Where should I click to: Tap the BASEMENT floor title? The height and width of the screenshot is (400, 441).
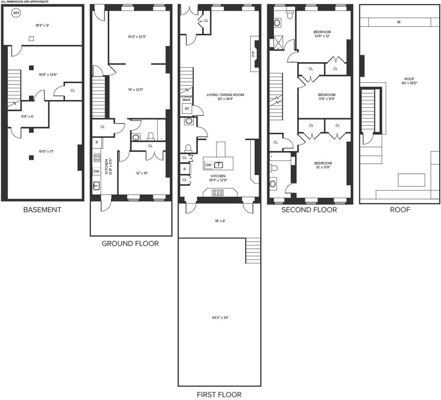[x=42, y=210]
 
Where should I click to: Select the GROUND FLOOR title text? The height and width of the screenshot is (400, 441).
[x=130, y=244]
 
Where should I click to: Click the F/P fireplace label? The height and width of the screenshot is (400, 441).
[x=253, y=54]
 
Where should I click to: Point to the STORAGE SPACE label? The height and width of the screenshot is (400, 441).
[x=186, y=98]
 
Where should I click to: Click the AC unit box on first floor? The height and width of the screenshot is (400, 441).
[x=187, y=109]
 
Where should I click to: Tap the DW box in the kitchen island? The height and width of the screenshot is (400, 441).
[x=208, y=165]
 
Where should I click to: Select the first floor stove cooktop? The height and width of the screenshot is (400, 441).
[x=218, y=193]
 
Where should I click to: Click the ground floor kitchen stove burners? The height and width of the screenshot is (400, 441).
[x=97, y=158]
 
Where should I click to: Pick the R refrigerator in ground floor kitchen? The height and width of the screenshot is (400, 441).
[x=97, y=142]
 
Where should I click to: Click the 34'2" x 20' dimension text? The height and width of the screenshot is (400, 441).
[x=220, y=318]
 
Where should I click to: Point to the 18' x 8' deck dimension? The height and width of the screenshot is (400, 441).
[x=220, y=221]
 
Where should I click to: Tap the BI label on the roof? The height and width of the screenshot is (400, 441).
[x=399, y=22]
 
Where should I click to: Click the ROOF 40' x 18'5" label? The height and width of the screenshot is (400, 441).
[x=409, y=81]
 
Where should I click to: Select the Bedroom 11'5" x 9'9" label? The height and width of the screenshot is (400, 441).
[x=326, y=97]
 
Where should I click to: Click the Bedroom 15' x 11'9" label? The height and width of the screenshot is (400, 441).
[x=323, y=165]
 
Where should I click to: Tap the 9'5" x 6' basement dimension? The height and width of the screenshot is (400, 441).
[x=28, y=116]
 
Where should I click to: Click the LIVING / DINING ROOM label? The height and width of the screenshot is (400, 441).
[x=225, y=97]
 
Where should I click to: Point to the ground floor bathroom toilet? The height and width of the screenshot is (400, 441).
[x=151, y=137]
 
